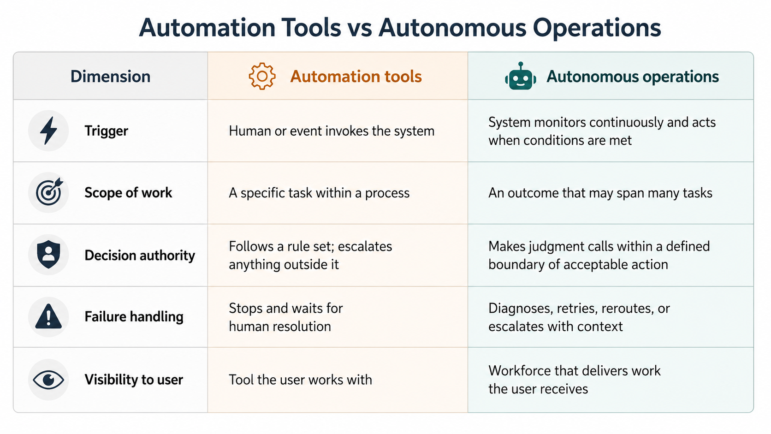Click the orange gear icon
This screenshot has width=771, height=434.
[262, 76]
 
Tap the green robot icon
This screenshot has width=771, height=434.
[521, 76]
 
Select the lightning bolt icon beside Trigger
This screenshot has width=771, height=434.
[48, 131]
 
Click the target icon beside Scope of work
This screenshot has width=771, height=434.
[49, 192]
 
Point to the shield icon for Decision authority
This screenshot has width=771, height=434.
[48, 254]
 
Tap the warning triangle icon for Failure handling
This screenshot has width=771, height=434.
[48, 316]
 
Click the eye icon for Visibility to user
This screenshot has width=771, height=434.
[48, 380]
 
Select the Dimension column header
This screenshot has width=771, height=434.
[111, 77]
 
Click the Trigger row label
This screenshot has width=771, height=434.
[107, 131]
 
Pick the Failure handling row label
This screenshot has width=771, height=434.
[134, 317]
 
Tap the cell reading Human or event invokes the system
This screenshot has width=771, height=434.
[332, 131]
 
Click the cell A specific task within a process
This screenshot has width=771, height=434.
[319, 193]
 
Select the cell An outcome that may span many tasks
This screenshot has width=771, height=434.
[600, 193]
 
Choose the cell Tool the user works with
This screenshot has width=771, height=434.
[301, 380]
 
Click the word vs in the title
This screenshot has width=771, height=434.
[359, 28]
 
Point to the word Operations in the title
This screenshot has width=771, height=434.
[597, 28]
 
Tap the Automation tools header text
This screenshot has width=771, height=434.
[356, 77]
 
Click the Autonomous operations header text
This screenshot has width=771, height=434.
[633, 77]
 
